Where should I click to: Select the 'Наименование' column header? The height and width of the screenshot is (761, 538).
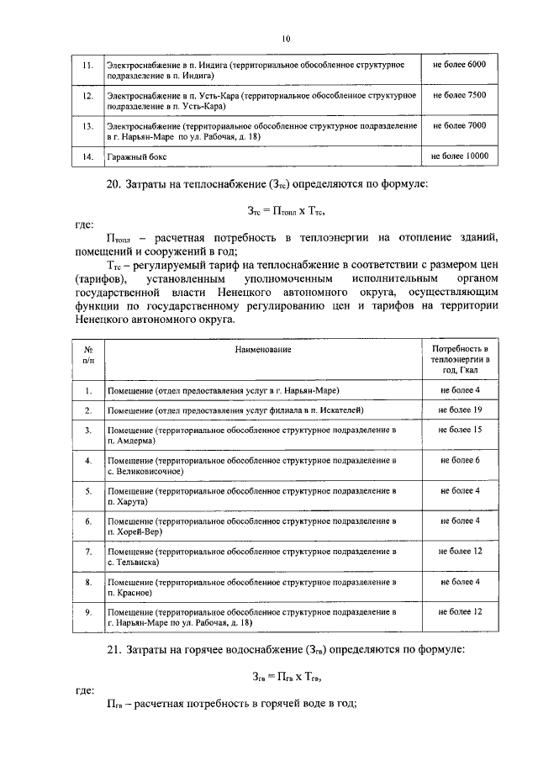coord(263,347)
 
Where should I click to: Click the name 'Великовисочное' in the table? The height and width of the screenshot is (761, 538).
coord(144,471)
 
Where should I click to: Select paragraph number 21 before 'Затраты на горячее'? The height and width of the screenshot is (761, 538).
coord(113,649)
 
